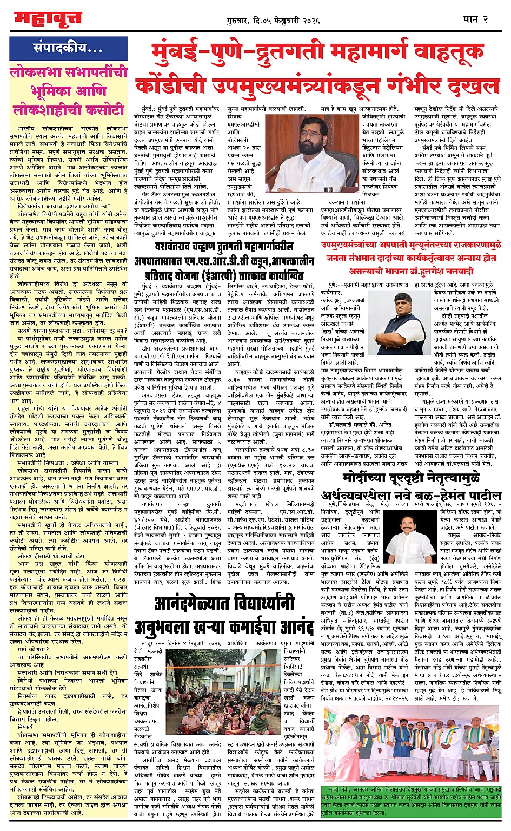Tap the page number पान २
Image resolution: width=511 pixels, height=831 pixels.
coord(475,19)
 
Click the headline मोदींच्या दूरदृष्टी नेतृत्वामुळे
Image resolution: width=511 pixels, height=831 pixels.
coord(412,478)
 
